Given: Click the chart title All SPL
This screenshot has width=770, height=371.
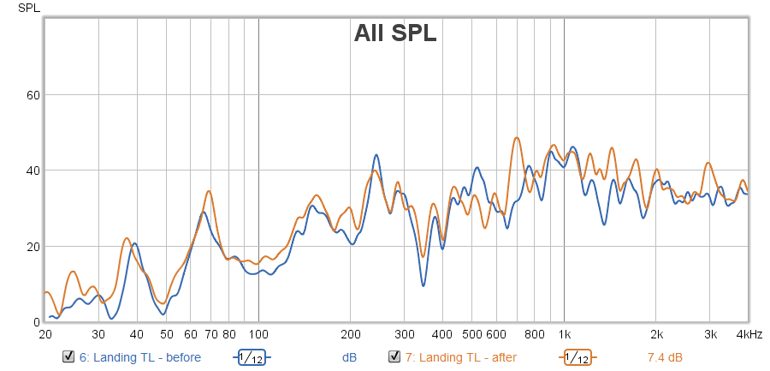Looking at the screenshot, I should [395, 34].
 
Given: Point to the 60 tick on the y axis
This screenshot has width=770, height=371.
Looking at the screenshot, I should [34, 94].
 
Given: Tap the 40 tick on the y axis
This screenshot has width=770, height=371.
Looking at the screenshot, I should [34, 171].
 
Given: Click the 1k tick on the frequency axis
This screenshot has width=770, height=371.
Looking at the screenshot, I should [564, 334].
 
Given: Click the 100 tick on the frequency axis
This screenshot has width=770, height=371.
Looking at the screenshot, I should [258, 334].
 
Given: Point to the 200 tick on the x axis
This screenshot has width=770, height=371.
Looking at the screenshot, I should [350, 334].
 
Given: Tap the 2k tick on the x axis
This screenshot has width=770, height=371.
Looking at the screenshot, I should [656, 334].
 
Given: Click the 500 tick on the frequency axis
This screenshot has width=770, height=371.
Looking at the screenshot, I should [472, 334].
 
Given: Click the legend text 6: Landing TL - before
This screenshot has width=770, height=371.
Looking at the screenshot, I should [140, 357].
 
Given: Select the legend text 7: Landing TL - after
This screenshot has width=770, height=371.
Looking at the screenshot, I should [461, 357].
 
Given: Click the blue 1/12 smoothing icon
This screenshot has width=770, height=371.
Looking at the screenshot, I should [251, 357].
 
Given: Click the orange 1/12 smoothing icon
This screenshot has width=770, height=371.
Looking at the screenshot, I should [577, 357].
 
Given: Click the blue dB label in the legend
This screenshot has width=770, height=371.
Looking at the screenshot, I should [349, 357].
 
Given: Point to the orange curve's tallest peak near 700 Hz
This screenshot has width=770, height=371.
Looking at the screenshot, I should [517, 137].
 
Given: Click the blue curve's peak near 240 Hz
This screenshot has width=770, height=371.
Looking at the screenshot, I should [376, 155].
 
